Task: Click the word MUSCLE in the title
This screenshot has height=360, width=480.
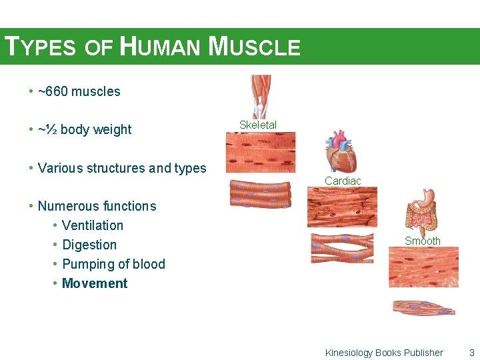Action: point(254,47)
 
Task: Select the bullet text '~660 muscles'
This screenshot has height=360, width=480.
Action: point(79,91)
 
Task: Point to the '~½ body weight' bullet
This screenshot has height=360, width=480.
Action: point(84,129)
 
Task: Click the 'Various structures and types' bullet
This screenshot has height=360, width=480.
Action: point(122,168)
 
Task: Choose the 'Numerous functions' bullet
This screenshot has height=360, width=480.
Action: point(97,206)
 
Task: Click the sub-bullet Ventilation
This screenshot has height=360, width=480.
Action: point(92,225)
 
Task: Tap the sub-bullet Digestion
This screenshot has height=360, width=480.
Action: point(89,245)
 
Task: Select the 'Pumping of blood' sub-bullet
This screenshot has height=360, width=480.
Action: point(113,264)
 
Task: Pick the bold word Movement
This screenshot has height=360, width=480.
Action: point(95,283)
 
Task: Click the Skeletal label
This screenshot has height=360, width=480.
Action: point(258,125)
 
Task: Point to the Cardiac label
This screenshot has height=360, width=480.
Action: point(343,181)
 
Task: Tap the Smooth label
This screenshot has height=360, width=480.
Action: point(423,241)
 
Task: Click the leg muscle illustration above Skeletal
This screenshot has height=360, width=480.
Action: point(260,97)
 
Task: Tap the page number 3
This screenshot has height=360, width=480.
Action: point(471,353)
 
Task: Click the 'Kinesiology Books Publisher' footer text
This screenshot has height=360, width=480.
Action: point(384,353)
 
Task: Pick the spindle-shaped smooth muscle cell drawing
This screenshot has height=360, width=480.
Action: point(423,307)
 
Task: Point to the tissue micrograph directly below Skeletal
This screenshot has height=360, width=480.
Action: point(259,152)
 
